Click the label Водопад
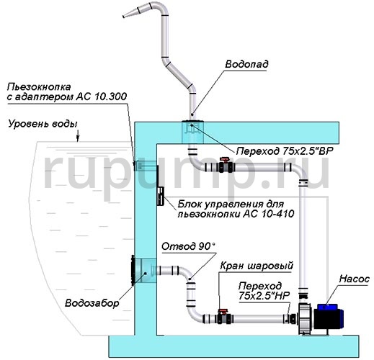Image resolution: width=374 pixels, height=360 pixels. (x=246, y=64)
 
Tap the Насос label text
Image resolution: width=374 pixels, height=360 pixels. (x=355, y=279)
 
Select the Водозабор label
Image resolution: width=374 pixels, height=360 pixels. (x=92, y=303)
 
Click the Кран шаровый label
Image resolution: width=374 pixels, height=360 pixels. (x=257, y=266)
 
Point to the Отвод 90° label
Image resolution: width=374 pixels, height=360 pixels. (x=188, y=246)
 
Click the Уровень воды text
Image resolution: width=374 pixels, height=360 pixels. (x=43, y=125)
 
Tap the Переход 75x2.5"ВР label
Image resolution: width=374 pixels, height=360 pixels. (x=285, y=151)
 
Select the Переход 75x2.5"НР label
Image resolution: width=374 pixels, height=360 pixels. (x=264, y=291)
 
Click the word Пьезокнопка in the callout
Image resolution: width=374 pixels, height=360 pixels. (x=39, y=87)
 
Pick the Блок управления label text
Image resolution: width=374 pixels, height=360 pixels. (x=231, y=204)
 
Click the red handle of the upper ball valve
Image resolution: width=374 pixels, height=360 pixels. (x=226, y=160)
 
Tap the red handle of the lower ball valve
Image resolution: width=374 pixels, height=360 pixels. (x=222, y=312)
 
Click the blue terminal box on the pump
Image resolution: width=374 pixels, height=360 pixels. (x=327, y=307)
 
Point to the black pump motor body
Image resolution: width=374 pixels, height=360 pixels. (x=329, y=319)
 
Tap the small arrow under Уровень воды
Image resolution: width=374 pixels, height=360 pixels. (x=78, y=136)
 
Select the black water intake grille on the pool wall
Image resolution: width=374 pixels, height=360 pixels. (x=133, y=271)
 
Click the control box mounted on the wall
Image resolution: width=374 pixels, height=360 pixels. (x=160, y=197)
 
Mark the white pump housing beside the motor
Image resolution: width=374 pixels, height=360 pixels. (x=305, y=319)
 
